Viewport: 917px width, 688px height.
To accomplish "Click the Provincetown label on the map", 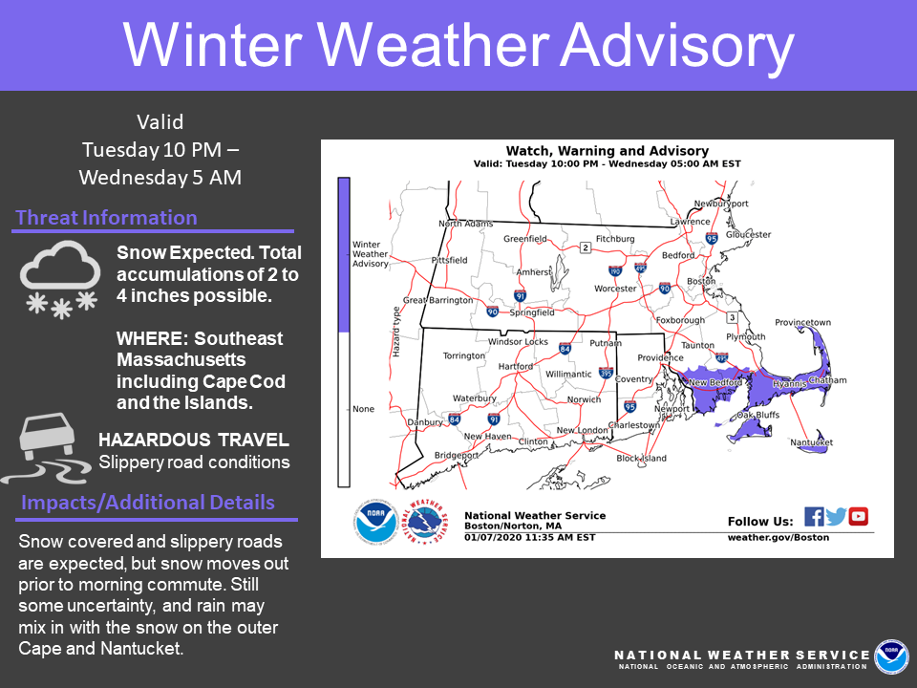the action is (x=802, y=322).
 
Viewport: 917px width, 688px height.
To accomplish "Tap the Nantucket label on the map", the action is (x=811, y=442).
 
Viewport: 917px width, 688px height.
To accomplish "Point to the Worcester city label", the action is (x=614, y=289).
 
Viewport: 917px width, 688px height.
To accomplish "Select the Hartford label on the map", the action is (x=515, y=366).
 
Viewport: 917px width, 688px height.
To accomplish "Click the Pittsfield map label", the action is (x=449, y=260).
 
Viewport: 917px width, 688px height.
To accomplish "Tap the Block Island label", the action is (x=641, y=458).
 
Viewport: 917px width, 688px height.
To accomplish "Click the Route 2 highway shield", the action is (x=586, y=248).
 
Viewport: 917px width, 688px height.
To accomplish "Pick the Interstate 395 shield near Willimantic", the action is (x=606, y=373).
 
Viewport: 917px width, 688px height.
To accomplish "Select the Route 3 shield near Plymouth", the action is (x=731, y=317).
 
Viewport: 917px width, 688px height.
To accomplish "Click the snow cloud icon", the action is (x=60, y=279).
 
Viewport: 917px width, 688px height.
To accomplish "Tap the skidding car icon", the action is (x=47, y=448).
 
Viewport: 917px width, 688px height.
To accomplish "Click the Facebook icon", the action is (x=814, y=517).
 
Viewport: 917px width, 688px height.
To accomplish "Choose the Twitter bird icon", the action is (x=836, y=517).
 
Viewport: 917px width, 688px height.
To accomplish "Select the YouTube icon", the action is (x=858, y=517).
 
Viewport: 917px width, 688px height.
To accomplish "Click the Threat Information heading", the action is (x=106, y=218).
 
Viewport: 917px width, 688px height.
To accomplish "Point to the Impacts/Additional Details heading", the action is (x=148, y=503).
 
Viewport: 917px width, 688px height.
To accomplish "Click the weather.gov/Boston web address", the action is (x=778, y=537).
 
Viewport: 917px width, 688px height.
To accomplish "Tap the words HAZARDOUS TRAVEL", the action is (x=194, y=440).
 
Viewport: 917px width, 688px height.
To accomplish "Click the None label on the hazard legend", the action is (x=363, y=409).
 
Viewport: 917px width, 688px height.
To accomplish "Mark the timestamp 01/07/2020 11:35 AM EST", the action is (x=529, y=537).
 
